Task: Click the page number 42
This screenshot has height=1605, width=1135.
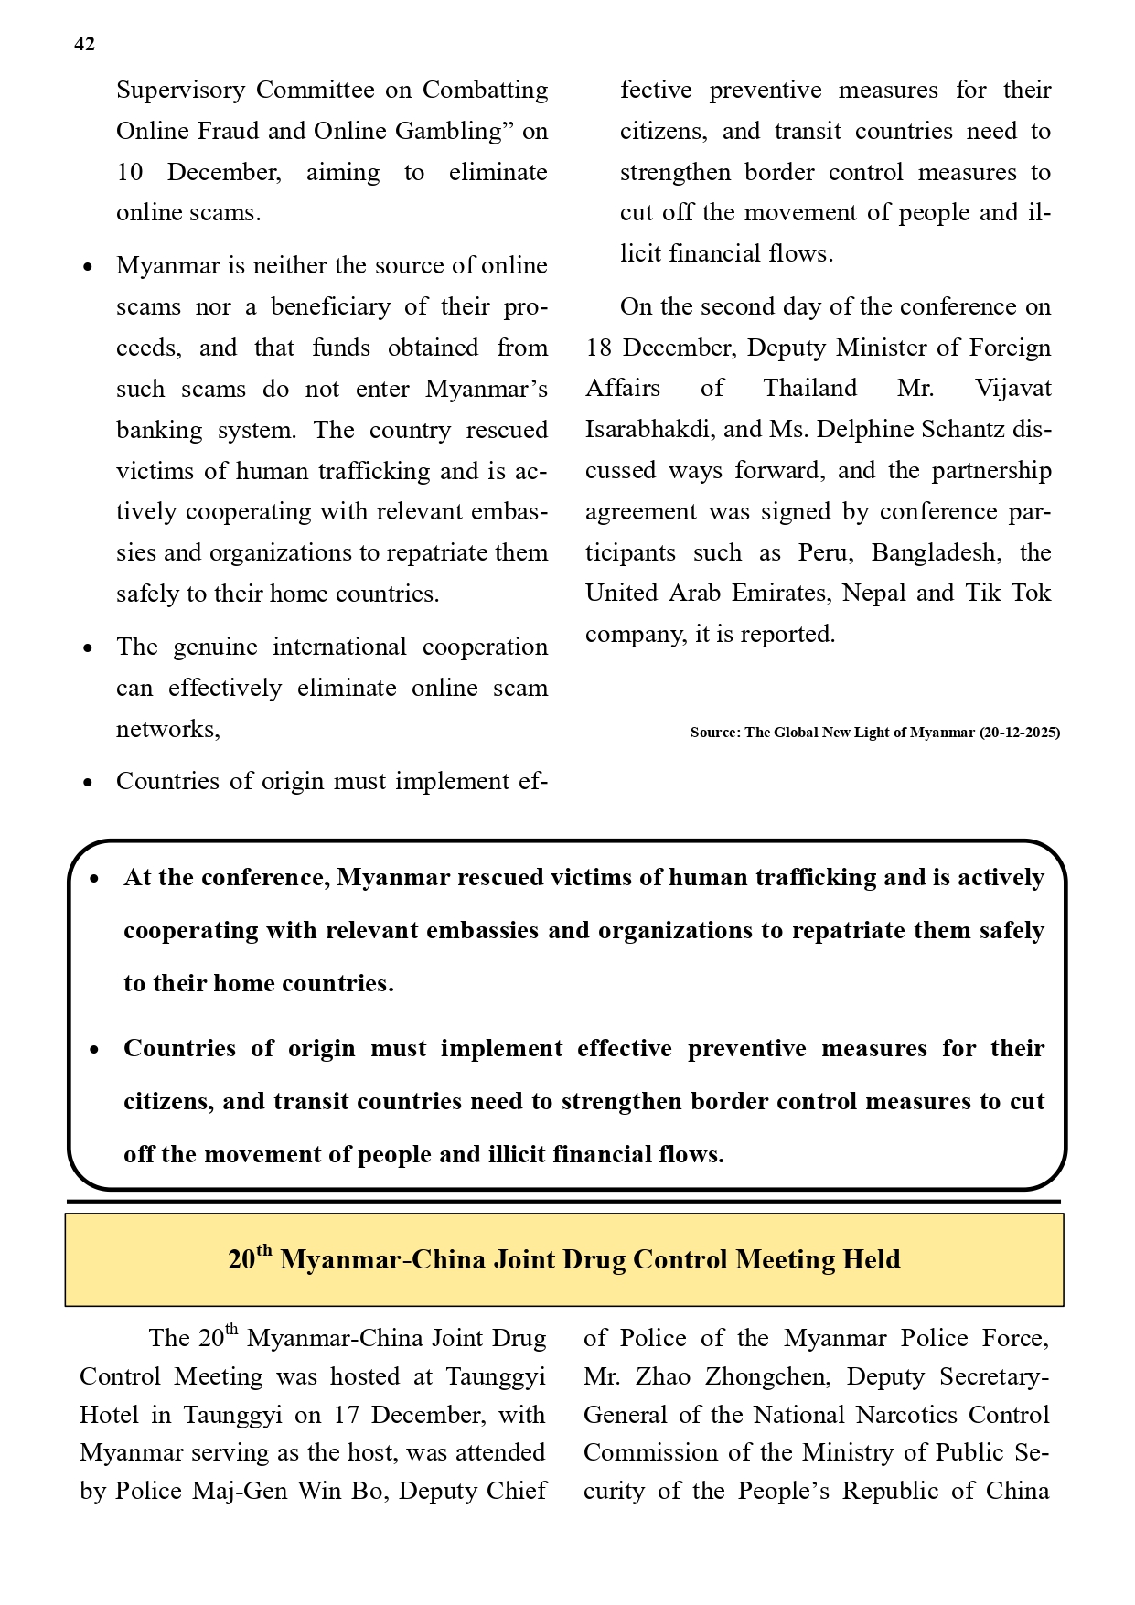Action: pyautogui.click(x=84, y=44)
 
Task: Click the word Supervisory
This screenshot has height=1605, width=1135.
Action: pyautogui.click(x=180, y=91)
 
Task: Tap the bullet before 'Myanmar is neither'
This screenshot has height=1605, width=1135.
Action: pyautogui.click(x=88, y=268)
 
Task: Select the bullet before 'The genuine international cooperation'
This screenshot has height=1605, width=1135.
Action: pyautogui.click(x=88, y=649)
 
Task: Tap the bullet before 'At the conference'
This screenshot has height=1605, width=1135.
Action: pyautogui.click(x=95, y=880)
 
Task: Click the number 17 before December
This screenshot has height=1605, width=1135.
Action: pyautogui.click(x=346, y=1415)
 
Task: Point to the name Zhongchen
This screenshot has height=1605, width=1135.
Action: pyautogui.click(x=766, y=1376)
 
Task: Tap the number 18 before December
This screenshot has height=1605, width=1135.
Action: pyautogui.click(x=598, y=348)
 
